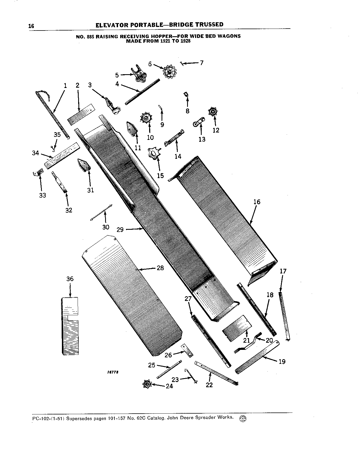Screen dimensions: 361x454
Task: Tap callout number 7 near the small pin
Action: point(201,63)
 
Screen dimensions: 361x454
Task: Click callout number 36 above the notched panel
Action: point(70,279)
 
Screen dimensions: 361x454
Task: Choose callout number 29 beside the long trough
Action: point(120,229)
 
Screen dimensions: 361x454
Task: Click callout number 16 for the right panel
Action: point(256,202)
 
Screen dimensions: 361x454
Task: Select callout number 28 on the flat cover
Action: point(160,268)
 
